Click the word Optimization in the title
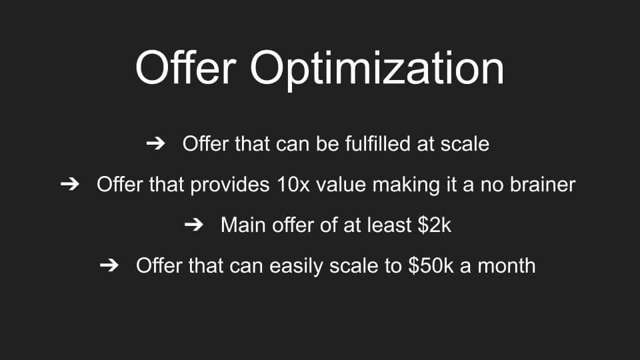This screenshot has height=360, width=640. [x=377, y=69]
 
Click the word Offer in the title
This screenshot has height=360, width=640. [x=186, y=67]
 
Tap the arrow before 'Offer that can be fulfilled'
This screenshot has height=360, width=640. [x=155, y=143]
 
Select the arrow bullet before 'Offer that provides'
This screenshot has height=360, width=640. [x=70, y=184]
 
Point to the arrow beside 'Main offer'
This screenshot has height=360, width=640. [x=194, y=225]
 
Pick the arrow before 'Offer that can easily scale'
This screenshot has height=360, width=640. [x=109, y=265]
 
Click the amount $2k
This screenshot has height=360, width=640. [x=434, y=225]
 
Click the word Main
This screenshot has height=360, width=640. [x=243, y=225]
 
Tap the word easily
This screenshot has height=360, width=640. [x=296, y=267]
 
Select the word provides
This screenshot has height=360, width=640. [x=230, y=185]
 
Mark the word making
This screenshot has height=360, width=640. [x=406, y=185]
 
